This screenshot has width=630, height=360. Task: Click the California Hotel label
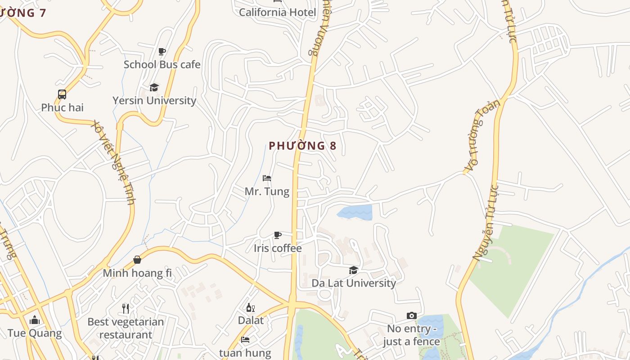[x=277, y=12]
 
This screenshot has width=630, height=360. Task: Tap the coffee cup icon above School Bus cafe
[x=162, y=51]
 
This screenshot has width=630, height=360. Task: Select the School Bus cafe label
[x=162, y=64]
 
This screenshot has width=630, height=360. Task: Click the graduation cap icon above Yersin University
[x=154, y=87]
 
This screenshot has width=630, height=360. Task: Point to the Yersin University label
[x=154, y=100]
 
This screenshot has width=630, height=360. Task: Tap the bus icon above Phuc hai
[x=62, y=94]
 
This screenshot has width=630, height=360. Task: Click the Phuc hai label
[x=62, y=108]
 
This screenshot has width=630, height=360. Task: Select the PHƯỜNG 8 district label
[x=302, y=146]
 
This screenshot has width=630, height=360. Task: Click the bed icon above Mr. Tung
[x=267, y=178]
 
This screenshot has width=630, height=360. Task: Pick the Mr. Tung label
[x=267, y=191]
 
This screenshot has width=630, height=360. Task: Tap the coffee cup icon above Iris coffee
[x=278, y=235]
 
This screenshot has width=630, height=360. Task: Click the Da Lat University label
[x=354, y=283]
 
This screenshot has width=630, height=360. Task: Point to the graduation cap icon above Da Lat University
[x=354, y=270]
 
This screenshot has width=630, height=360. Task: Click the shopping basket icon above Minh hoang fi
[x=137, y=260]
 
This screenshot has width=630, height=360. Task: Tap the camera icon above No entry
[x=411, y=316]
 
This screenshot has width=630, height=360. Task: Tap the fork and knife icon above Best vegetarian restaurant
[x=126, y=309]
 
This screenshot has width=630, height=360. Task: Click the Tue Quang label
[x=35, y=333]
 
